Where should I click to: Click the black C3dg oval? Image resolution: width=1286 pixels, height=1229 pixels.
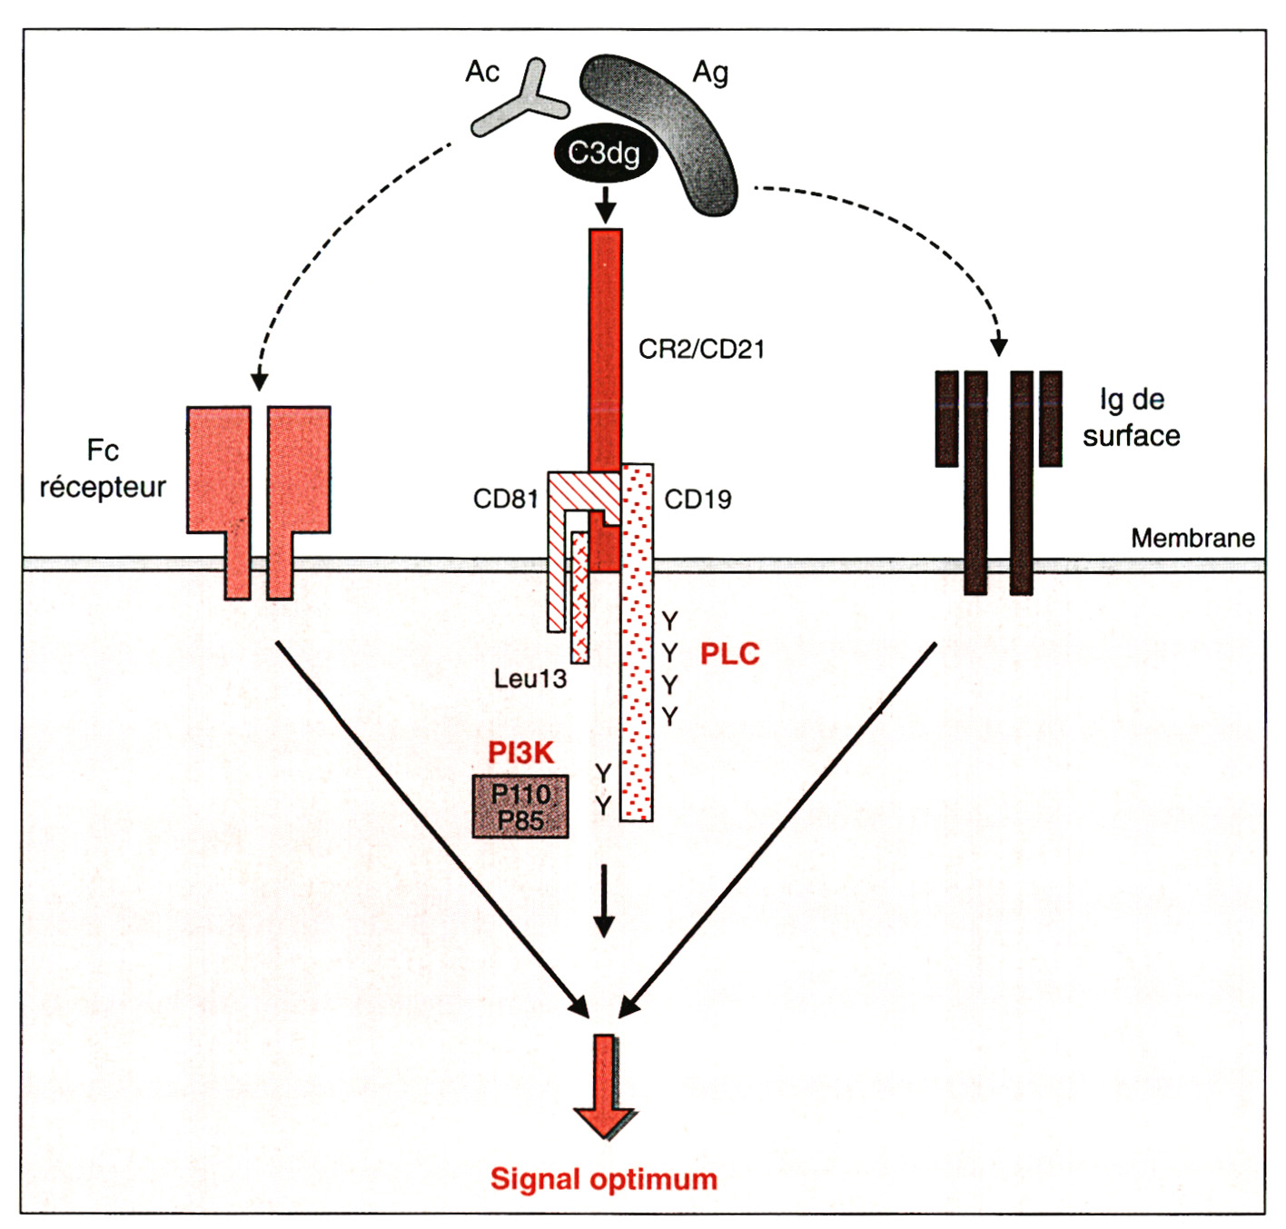[x=604, y=154]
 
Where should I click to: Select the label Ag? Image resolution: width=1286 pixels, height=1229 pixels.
[x=710, y=73]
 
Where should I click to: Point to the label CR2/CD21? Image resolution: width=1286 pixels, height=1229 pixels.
[x=701, y=350]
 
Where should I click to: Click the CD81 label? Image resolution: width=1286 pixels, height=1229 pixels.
[x=506, y=499]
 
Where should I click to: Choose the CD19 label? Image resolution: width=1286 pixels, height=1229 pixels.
[x=697, y=500]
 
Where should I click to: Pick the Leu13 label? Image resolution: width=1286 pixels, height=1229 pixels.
[x=530, y=679]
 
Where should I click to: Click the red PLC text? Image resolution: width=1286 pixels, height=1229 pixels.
[x=729, y=654]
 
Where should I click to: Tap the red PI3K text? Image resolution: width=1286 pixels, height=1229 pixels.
[x=520, y=752]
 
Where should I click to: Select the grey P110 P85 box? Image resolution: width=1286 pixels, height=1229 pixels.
[x=520, y=807]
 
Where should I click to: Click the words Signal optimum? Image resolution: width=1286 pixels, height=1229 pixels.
[x=604, y=1179]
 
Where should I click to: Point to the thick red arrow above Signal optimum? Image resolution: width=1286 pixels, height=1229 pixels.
[x=604, y=1085]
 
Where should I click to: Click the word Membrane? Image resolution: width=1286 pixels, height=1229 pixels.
[x=1192, y=539]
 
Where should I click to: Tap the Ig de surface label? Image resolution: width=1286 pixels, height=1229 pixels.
[x=1132, y=418]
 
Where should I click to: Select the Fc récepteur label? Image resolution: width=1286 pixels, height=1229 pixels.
[x=103, y=470]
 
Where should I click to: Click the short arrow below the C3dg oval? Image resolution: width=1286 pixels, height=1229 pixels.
[x=605, y=204]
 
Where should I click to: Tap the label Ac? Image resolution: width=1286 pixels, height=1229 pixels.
[x=482, y=72]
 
